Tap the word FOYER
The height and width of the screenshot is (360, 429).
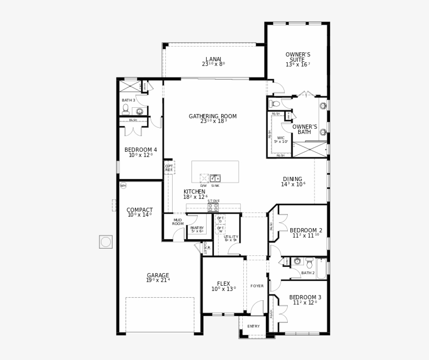[257, 286]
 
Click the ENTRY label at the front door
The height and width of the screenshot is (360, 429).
[253, 327]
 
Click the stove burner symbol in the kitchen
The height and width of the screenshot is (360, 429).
[213, 208]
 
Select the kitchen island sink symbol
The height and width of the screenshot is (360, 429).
[215, 178]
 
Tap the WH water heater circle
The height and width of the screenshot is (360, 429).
[123, 185]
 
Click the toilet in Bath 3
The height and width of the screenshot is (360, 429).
[126, 108]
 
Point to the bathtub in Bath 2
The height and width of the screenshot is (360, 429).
[321, 268]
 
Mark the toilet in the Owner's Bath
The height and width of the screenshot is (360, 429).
[275, 104]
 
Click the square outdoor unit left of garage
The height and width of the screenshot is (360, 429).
[106, 242]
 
